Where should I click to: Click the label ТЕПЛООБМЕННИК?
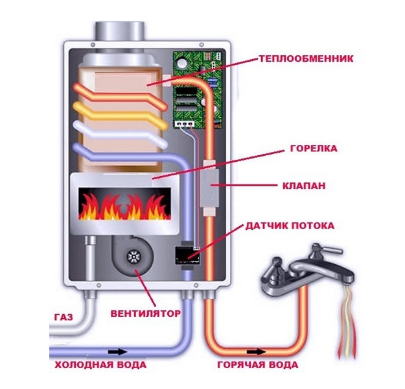[305, 58]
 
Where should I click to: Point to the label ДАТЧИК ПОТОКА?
[290, 226]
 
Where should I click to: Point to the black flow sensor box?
[187, 255]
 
